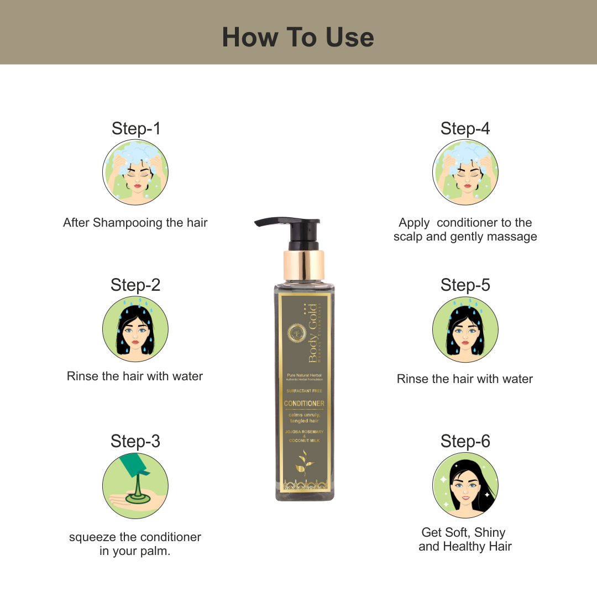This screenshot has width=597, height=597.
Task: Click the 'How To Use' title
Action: (x=298, y=37)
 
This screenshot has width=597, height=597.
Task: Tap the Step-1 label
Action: (x=135, y=128)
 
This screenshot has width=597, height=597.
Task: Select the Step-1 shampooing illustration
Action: (x=135, y=172)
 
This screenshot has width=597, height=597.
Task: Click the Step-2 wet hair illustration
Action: (x=135, y=329)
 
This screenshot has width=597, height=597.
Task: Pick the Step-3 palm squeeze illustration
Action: (x=135, y=485)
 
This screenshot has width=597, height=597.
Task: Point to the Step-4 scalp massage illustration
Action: (x=465, y=172)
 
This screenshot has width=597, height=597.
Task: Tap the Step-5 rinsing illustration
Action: (x=465, y=329)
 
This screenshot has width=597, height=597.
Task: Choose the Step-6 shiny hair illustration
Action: (x=465, y=485)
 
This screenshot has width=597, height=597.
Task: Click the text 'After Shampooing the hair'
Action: (x=135, y=223)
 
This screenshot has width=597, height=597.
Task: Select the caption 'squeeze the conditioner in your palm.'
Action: (x=135, y=544)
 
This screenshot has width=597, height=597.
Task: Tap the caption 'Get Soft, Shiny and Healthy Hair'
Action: (x=465, y=539)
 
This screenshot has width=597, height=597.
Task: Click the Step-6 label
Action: (x=465, y=441)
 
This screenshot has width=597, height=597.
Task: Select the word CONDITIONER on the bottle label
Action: (x=304, y=404)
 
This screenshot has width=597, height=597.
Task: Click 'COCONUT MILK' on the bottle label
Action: (x=304, y=441)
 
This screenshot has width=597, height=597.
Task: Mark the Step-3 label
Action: (x=135, y=441)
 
